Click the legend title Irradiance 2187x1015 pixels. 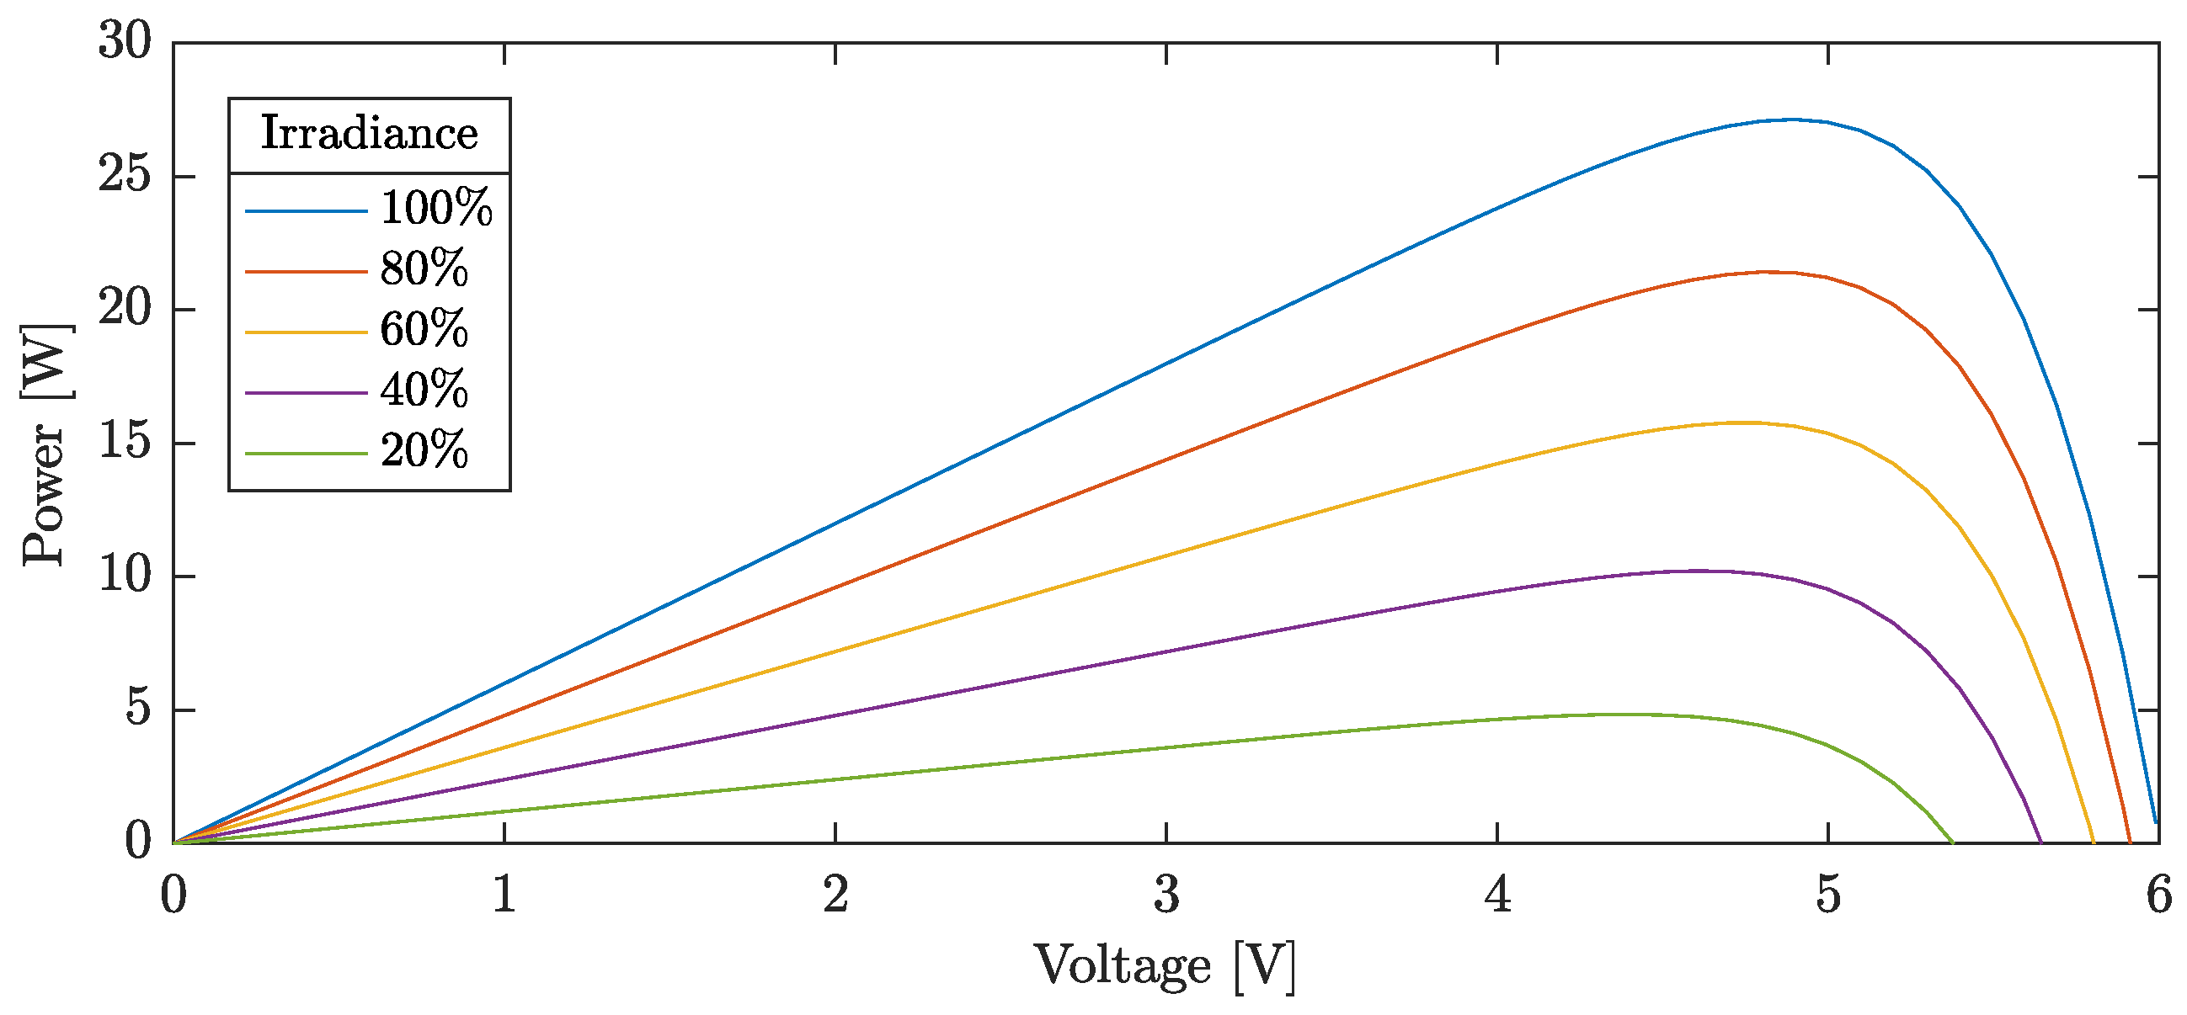point(369,134)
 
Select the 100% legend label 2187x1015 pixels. point(435,208)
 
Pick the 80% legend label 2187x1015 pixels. point(424,269)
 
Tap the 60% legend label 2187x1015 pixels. point(424,330)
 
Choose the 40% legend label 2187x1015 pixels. point(424,391)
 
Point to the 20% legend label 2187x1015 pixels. point(424,451)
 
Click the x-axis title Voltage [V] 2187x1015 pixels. point(1165,967)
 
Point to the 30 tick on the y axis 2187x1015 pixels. point(125,41)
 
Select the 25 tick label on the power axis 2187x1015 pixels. point(125,176)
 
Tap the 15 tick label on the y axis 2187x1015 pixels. point(125,442)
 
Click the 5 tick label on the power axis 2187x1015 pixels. point(138,709)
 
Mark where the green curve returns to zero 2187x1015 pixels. point(1953,842)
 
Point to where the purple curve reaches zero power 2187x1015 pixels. point(2041,842)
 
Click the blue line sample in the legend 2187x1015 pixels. point(306,210)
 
